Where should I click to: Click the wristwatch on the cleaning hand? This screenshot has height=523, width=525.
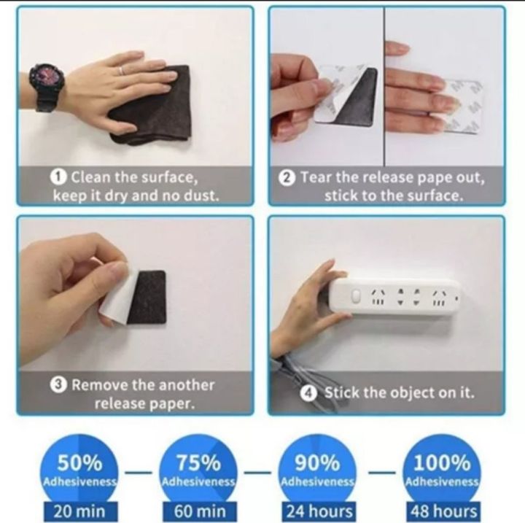pos(46,88)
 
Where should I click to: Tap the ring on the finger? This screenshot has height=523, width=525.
pos(122,70)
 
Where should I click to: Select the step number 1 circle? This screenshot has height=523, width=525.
pos(58,177)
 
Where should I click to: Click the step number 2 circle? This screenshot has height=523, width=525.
pos(287,177)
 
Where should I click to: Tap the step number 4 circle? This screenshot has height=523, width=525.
pos(308,393)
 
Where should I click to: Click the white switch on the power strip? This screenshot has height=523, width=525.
pos(356,296)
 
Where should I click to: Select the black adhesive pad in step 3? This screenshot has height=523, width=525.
pos(147,297)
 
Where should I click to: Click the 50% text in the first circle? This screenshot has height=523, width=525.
pos(79,463)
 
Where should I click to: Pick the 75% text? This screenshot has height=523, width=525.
pos(198,463)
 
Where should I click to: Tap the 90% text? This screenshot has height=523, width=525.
pos(317,463)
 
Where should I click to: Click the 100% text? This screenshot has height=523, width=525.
pos(442,463)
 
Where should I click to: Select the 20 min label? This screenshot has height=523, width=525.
pos(79,511)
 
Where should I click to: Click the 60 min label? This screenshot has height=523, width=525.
pos(200,511)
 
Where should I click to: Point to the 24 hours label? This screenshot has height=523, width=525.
pos(319,511)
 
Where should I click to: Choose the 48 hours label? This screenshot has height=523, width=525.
pos(444,511)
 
